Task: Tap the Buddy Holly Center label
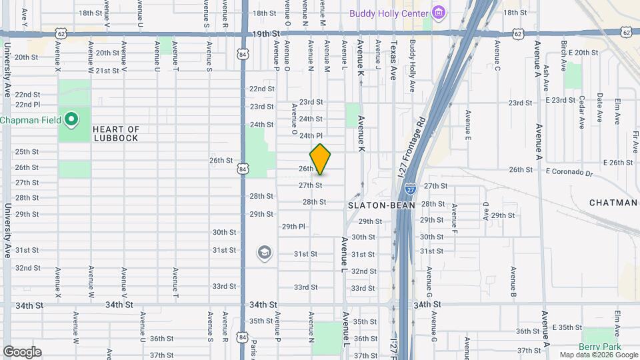pyautogui.click(x=389, y=13)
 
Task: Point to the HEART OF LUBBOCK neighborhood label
pyautogui.click(x=116, y=133)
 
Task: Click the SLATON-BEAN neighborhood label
pyautogui.click(x=381, y=205)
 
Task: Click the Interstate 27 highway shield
pyautogui.click(x=411, y=189)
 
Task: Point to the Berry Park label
pyautogui.click(x=599, y=347)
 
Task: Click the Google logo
pyautogui.click(x=22, y=352)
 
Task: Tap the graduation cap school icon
pyautogui.click(x=265, y=253)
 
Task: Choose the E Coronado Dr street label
pyautogui.click(x=569, y=173)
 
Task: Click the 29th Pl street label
pyautogui.click(x=293, y=227)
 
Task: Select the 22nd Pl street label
pyautogui.click(x=28, y=105)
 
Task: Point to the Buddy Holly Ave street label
pyautogui.click(x=413, y=66)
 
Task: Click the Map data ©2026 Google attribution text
pyautogui.click(x=599, y=355)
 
